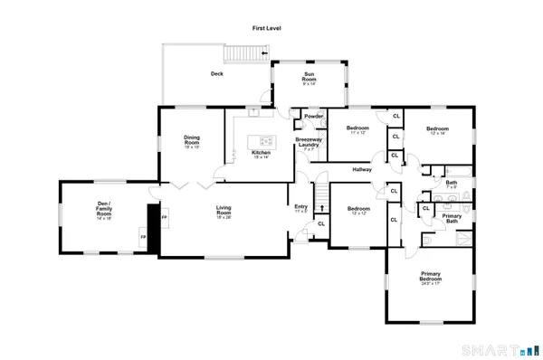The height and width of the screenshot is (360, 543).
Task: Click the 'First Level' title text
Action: tap(267, 29)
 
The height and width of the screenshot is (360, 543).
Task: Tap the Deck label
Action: tap(217, 74)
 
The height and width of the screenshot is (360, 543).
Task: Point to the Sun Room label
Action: tap(310, 80)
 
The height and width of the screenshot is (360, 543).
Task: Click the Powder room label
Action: tap(314, 117)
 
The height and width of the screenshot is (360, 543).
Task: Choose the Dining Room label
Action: tap(192, 140)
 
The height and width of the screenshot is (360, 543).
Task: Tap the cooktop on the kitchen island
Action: tap(265, 141)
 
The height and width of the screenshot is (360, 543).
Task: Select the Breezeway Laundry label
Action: tap(309, 144)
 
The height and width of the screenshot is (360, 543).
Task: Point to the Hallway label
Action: tap(362, 169)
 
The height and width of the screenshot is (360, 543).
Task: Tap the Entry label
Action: tap(301, 207)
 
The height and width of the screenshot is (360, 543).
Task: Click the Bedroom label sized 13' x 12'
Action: tap(357, 211)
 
